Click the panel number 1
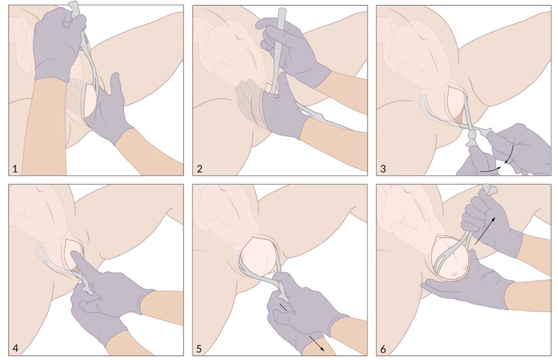[15, 169]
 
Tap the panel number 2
[199, 169]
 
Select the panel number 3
[383, 169]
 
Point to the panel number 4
[15, 348]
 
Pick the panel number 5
[199, 349]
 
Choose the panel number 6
[383, 349]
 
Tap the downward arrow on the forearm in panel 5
[316, 343]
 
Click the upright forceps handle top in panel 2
[283, 11]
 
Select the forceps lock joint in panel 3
[473, 135]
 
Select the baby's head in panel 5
[258, 255]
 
